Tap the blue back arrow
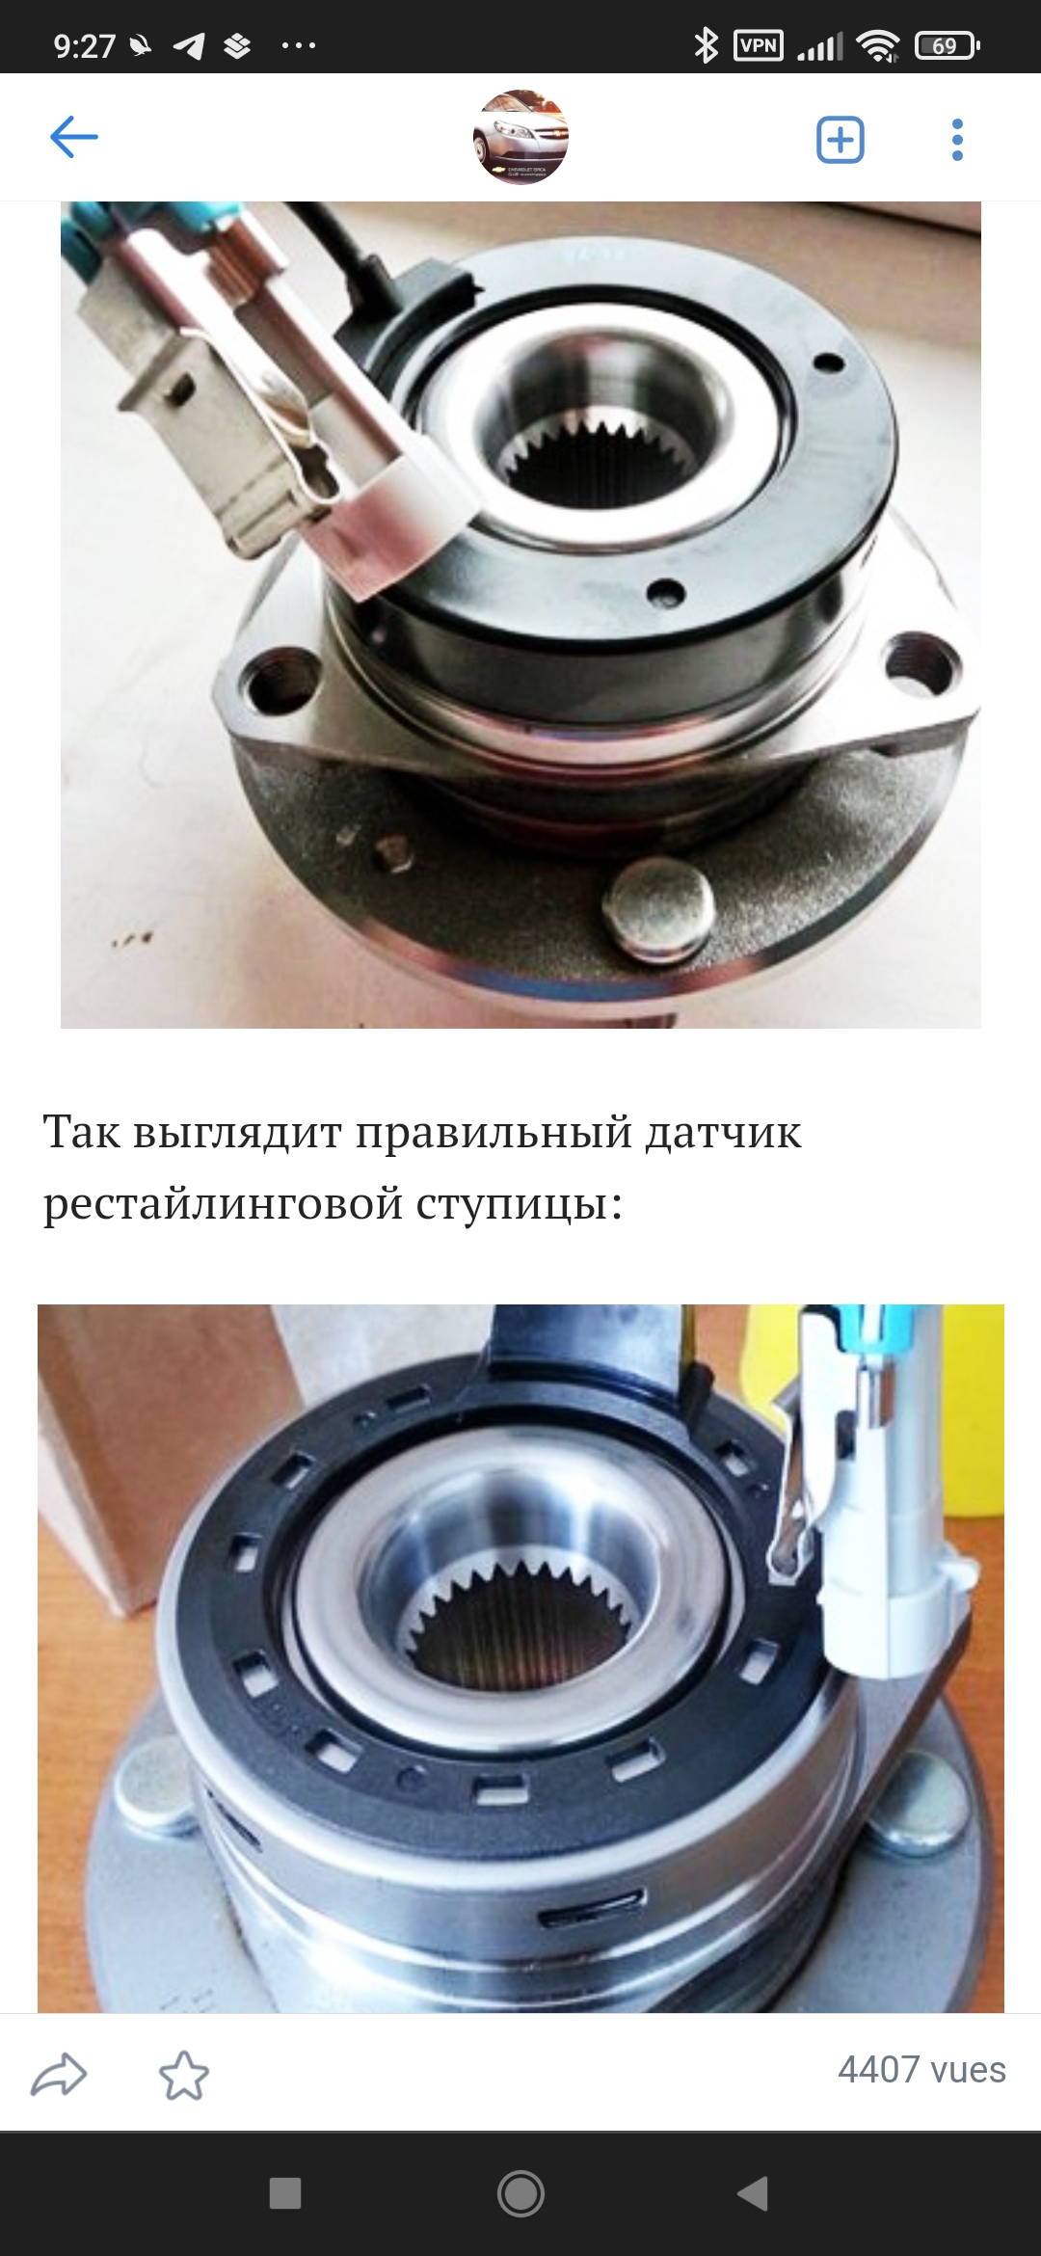[x=74, y=137]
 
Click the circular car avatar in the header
[x=520, y=138]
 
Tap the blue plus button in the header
[x=840, y=140]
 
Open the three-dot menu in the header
[x=956, y=140]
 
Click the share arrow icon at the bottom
[x=59, y=2076]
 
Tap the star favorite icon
[x=183, y=2076]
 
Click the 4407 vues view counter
[x=921, y=2070]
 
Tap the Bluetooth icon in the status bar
[x=706, y=44]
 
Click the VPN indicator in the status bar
[x=759, y=45]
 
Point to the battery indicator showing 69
[x=948, y=45]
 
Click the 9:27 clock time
[x=85, y=45]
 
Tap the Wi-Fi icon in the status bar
[x=877, y=45]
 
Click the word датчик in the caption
[x=723, y=1132]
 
